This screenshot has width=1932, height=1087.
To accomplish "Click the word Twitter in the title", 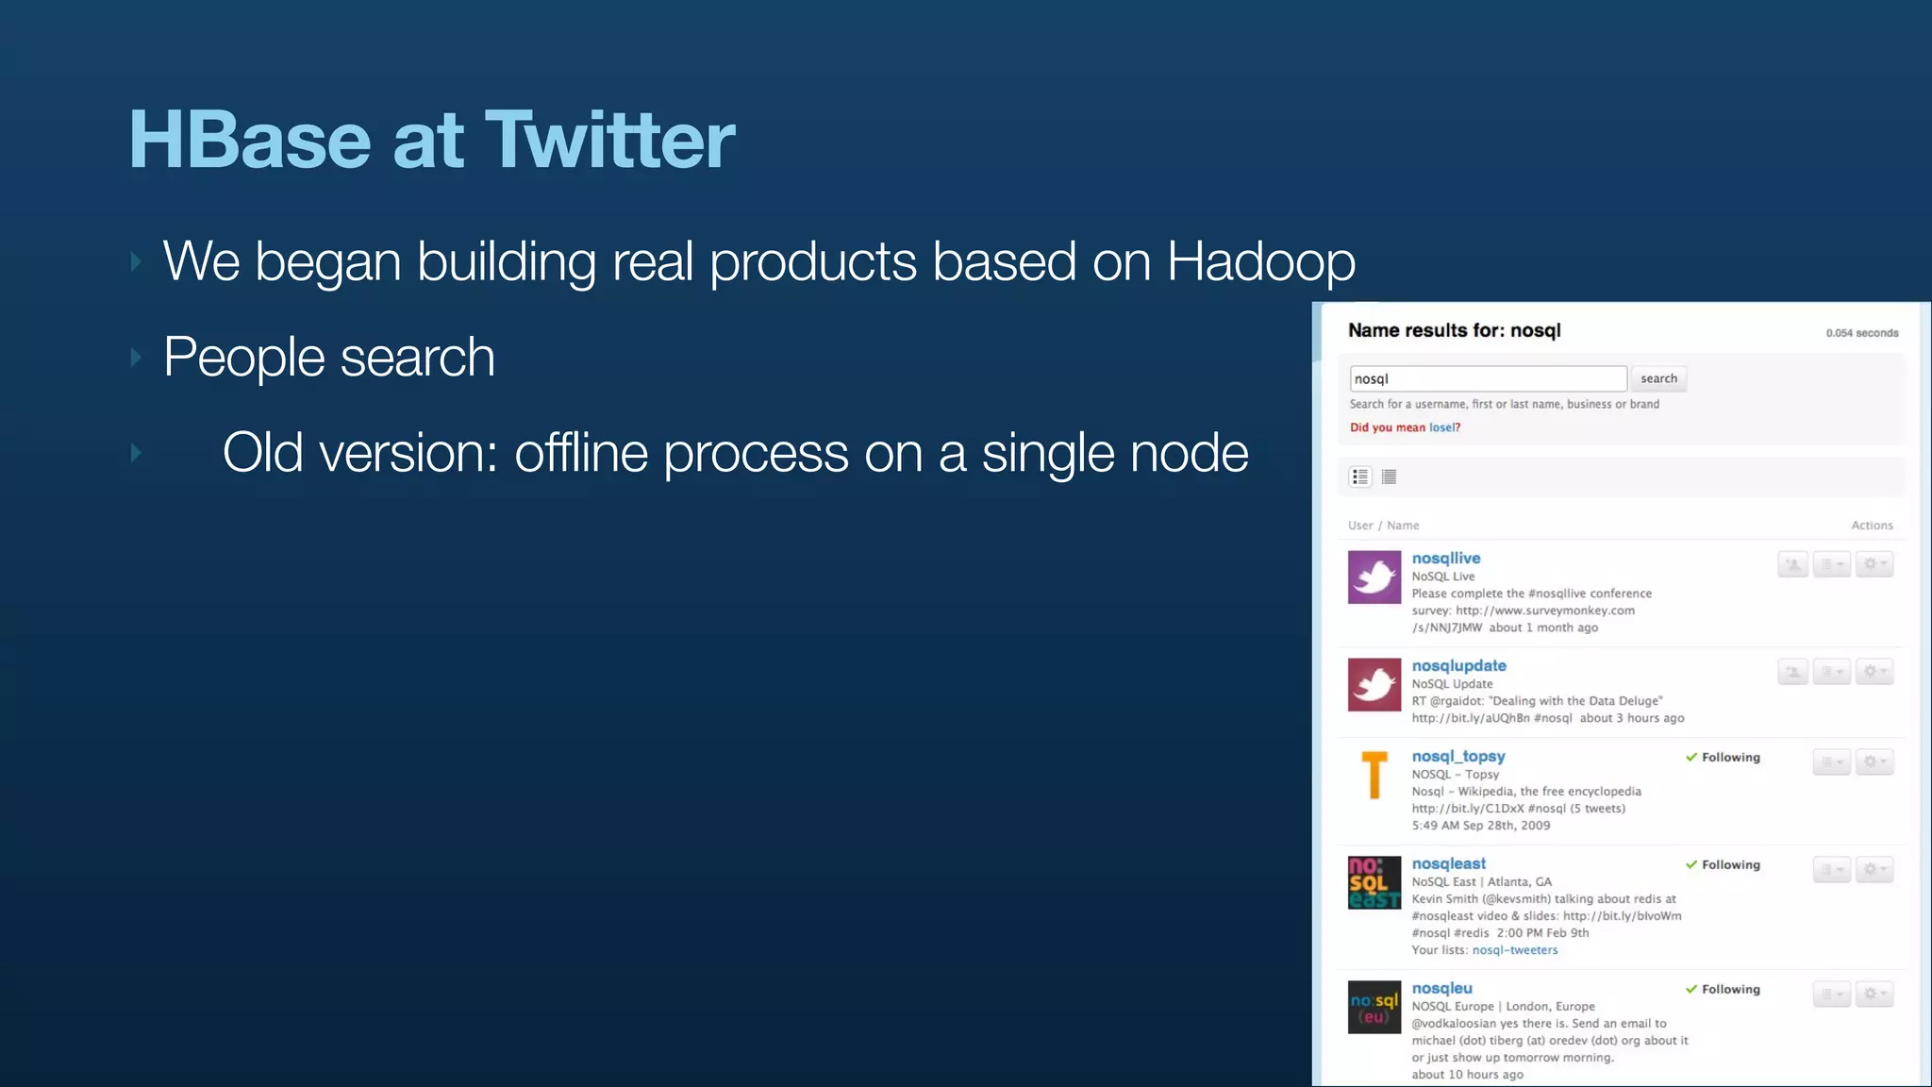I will [609, 140].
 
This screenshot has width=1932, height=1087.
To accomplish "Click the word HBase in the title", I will [250, 140].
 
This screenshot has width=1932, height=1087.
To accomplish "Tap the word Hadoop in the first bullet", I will [1260, 261].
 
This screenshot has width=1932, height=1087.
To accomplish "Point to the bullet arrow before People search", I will [137, 358].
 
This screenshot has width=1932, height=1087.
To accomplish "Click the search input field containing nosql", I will [1487, 378].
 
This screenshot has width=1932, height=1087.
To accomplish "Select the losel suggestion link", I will [1443, 427].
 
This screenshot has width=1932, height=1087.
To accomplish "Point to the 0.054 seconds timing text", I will [1861, 333].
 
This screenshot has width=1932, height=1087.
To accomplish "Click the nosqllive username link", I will [1445, 559].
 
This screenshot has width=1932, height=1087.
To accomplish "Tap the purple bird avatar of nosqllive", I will [1374, 577].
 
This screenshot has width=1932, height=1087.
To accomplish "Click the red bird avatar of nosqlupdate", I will [1374, 685].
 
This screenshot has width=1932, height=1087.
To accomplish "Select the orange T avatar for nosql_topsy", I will [1374, 776].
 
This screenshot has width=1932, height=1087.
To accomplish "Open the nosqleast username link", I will [1448, 864].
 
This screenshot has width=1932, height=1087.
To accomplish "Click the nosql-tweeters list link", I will [1514, 950].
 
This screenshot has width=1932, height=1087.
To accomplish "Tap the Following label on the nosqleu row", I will [1730, 990].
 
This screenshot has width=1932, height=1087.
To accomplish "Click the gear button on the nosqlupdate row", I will [1874, 672].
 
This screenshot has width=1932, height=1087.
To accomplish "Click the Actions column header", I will [1871, 526].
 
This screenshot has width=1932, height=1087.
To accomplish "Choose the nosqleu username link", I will [1441, 989].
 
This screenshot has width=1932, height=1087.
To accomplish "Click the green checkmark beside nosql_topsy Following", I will [1691, 757].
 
